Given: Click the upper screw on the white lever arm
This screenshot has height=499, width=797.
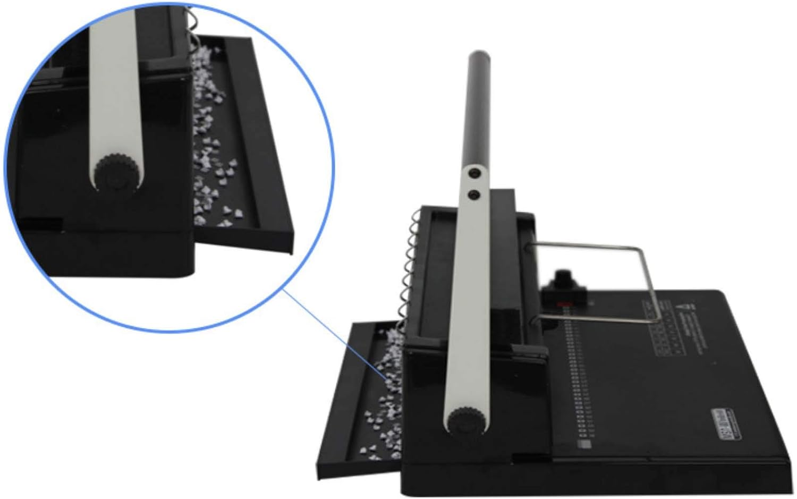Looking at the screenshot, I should click(x=472, y=172).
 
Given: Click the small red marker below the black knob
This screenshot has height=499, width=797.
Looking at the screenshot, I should click(x=564, y=305).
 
